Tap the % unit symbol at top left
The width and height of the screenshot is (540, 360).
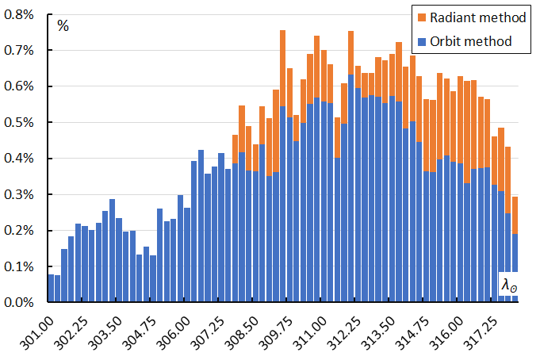point(63,25)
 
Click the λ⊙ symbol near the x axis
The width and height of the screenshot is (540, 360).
point(508,284)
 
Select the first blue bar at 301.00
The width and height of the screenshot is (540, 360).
point(51,289)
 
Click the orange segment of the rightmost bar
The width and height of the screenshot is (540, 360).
point(515,215)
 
